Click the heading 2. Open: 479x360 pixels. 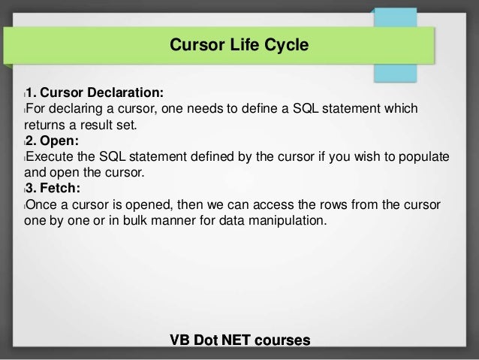[x=51, y=141]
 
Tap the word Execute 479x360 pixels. [x=51, y=156]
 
